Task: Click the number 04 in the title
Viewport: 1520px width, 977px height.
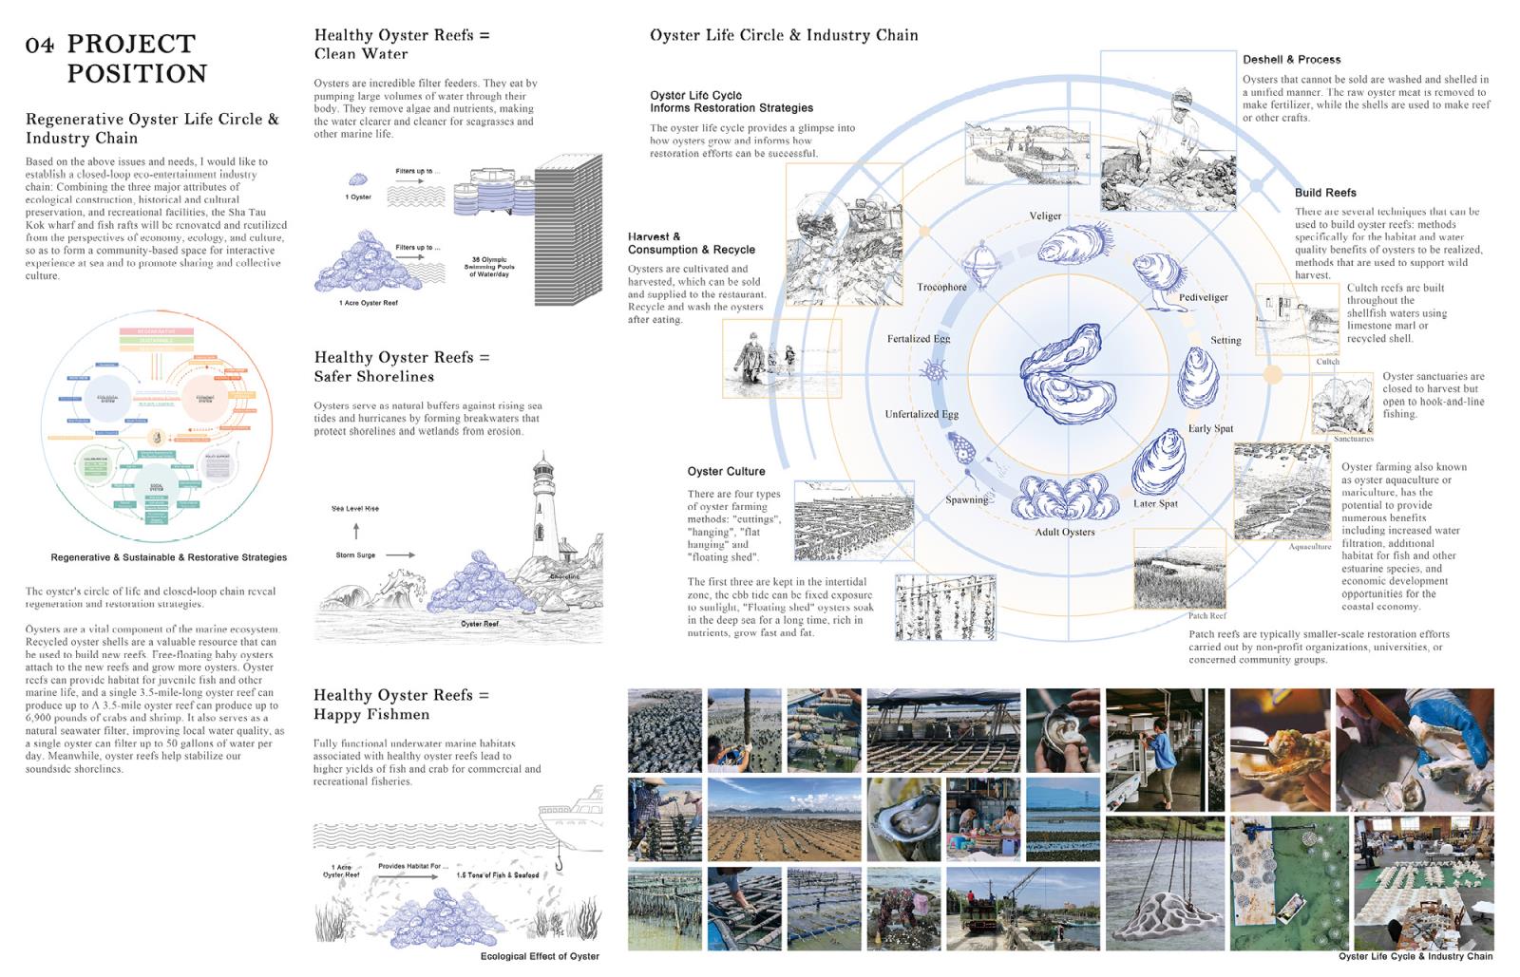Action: (39, 45)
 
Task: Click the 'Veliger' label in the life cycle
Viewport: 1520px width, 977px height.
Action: (1045, 216)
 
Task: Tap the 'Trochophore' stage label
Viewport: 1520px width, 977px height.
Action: (941, 287)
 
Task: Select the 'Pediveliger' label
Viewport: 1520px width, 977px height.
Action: (1203, 297)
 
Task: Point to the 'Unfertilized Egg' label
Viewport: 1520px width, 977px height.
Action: (921, 414)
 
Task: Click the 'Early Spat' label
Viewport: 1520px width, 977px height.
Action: (1210, 428)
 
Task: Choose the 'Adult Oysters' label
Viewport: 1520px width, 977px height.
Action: (1064, 532)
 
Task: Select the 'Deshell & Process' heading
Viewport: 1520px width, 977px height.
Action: (1291, 59)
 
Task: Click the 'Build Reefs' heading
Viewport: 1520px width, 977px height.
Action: (1325, 192)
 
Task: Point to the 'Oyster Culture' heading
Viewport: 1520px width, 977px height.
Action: (726, 471)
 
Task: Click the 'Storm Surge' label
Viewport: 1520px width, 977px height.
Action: (355, 554)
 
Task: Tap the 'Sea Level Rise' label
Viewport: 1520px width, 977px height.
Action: (355, 508)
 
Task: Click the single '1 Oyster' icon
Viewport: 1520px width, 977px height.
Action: (358, 179)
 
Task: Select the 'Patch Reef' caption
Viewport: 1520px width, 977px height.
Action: (1206, 615)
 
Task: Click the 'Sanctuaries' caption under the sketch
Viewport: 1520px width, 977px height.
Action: (1353, 439)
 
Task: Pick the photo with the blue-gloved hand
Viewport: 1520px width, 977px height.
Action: (1415, 750)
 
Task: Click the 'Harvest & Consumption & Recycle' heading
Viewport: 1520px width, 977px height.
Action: (691, 243)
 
